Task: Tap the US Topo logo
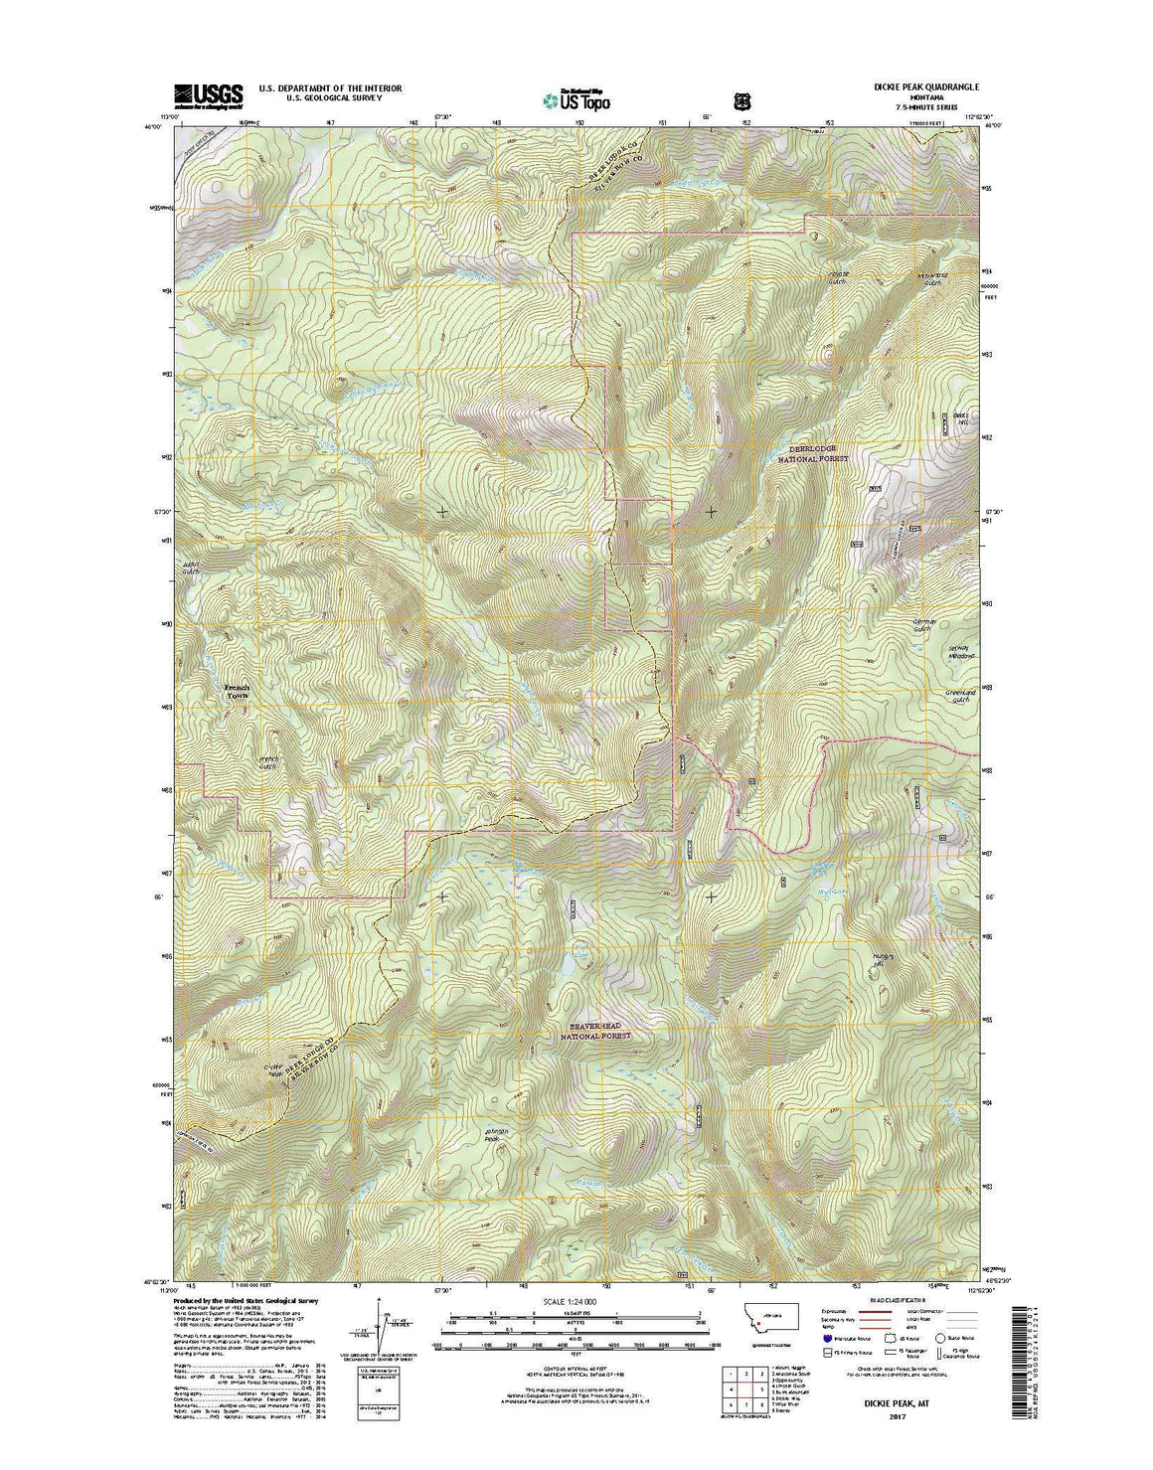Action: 576,99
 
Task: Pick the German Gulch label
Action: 925,625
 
